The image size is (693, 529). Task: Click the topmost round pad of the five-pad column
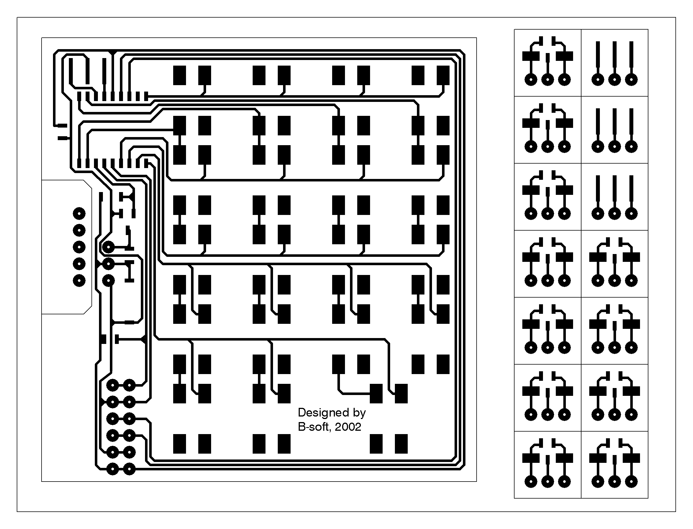79,214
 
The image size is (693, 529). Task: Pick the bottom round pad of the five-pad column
79,281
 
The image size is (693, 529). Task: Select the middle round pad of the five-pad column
79,247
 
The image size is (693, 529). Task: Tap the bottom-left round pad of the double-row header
112,469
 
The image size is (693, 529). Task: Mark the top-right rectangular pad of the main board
443,75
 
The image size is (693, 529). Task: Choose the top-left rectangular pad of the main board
179,75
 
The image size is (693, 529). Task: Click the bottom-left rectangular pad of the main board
179,444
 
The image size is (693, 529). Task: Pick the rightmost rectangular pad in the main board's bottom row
401,444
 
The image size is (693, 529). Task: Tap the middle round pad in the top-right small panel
614,79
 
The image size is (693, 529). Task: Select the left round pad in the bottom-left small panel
531,482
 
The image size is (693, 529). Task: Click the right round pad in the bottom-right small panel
631,482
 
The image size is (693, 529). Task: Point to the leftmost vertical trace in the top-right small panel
598,58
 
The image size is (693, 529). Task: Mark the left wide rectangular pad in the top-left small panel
531,56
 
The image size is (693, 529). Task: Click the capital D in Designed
302,413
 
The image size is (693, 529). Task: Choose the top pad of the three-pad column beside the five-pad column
108,247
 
